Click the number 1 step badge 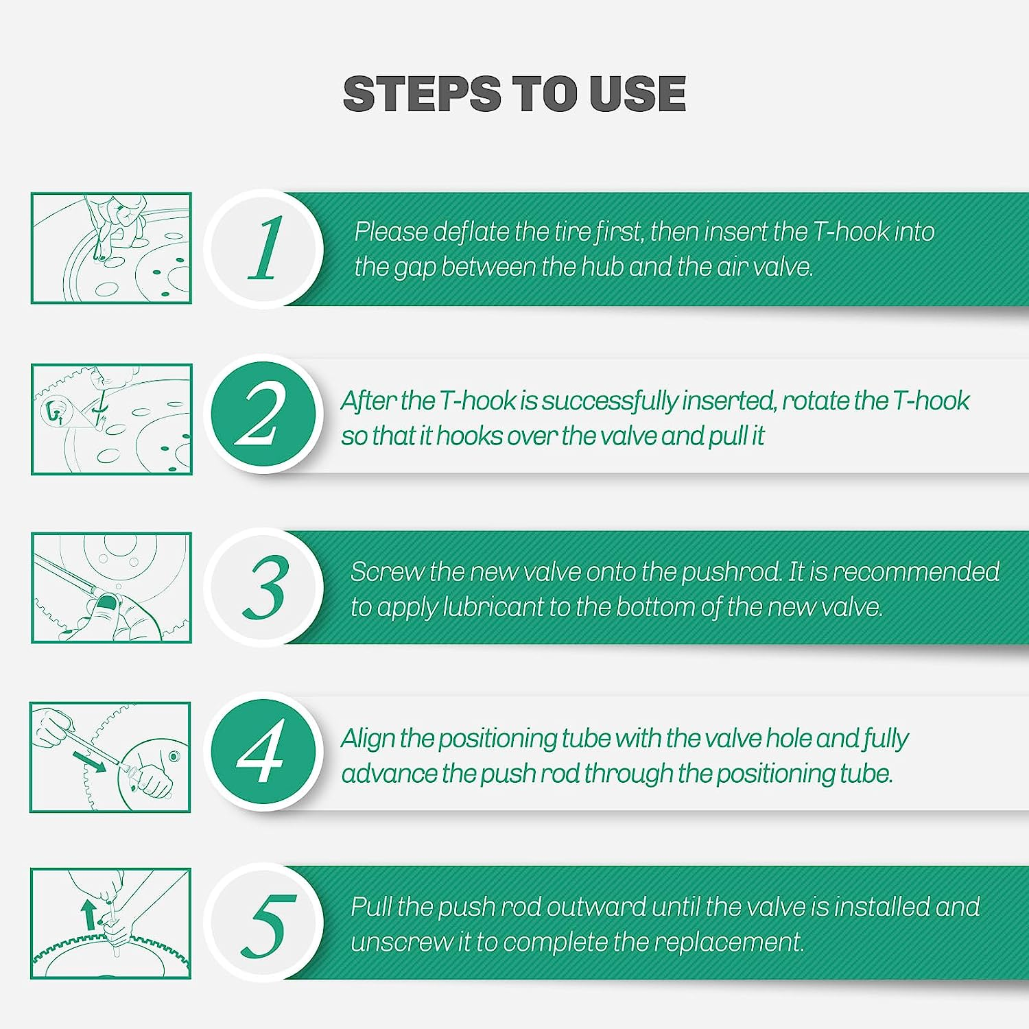(x=264, y=248)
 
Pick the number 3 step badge (x=264, y=587)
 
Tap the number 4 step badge (x=264, y=753)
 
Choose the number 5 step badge (x=264, y=923)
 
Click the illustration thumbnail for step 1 (x=111, y=248)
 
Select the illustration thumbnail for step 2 (x=111, y=419)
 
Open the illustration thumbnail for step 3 (x=111, y=588)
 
